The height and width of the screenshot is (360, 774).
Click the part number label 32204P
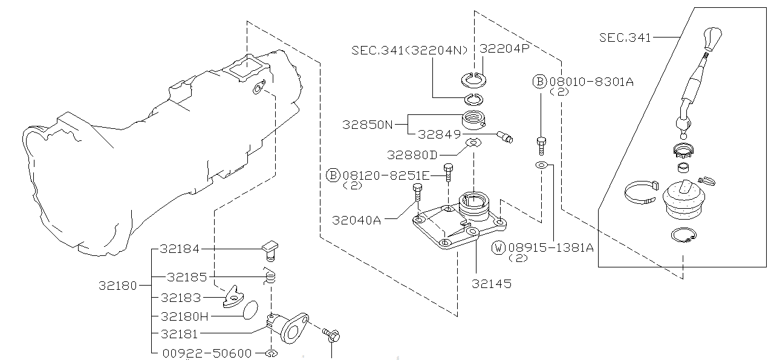(x=504, y=49)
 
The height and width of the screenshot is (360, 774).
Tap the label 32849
(x=440, y=134)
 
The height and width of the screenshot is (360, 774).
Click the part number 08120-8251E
(x=386, y=175)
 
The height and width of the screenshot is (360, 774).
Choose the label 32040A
(x=356, y=220)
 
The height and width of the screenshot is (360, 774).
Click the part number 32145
(x=491, y=284)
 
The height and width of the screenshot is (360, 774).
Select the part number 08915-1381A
(x=551, y=247)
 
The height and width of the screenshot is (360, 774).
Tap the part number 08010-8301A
(x=591, y=82)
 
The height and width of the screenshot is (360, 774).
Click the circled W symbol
(x=498, y=247)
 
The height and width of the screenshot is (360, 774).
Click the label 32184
(x=180, y=249)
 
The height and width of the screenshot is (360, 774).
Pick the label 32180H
(x=184, y=316)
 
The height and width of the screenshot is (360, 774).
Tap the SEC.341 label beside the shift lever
(x=625, y=38)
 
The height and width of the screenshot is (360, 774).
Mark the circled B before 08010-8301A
(x=539, y=82)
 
